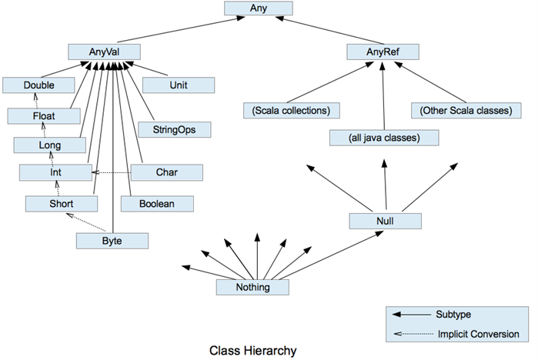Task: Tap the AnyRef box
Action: point(382,52)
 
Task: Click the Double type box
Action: point(38,85)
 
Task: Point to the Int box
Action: point(55,172)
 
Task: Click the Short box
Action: point(61,203)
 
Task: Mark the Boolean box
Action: point(161,203)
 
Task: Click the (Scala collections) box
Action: point(291,110)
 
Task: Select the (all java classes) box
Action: point(384,138)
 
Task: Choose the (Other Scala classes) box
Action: point(466,110)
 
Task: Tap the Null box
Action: point(385,221)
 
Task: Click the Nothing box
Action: point(252,287)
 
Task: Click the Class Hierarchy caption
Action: point(252,351)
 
